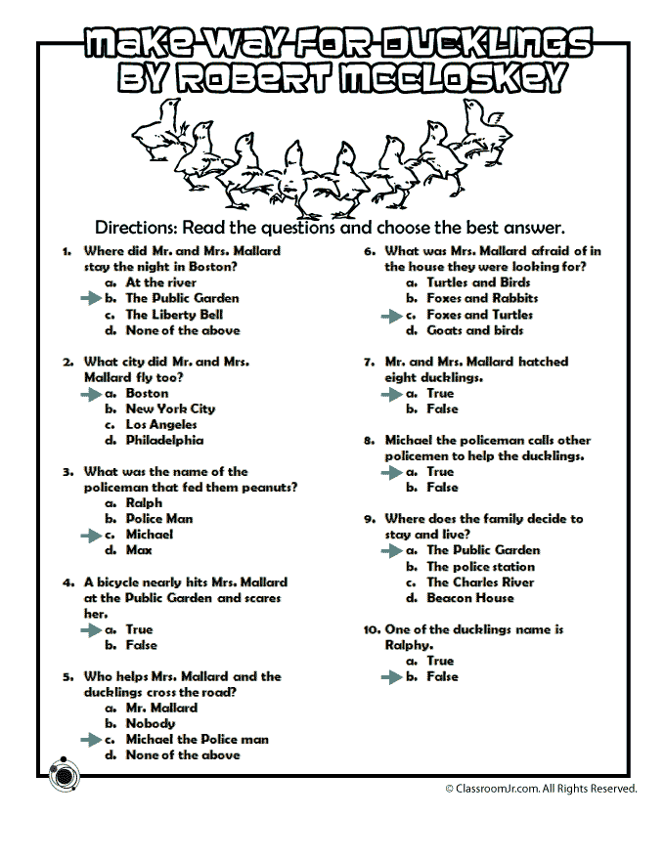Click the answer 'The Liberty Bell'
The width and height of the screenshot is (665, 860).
coord(174,315)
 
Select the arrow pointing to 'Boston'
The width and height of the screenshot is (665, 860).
coord(90,393)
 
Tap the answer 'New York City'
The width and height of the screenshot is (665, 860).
coord(170,408)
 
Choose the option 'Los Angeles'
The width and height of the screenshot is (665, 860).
coord(161,425)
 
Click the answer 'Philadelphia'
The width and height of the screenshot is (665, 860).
coord(164,441)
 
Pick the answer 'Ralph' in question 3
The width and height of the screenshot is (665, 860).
coord(144,503)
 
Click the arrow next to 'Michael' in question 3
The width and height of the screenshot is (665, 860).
coord(90,535)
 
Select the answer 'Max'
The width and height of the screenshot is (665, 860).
coord(139,550)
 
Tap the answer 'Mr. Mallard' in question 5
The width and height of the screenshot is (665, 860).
coord(161,708)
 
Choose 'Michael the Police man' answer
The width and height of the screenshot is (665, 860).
coord(197,740)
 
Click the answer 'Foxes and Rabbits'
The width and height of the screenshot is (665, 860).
coord(482,298)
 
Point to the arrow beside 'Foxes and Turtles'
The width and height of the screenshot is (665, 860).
coord(391,315)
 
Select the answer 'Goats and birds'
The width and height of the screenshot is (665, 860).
coord(474,330)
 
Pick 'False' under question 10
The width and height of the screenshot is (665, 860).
coord(442,676)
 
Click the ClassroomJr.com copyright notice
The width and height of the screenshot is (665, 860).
coord(541,788)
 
